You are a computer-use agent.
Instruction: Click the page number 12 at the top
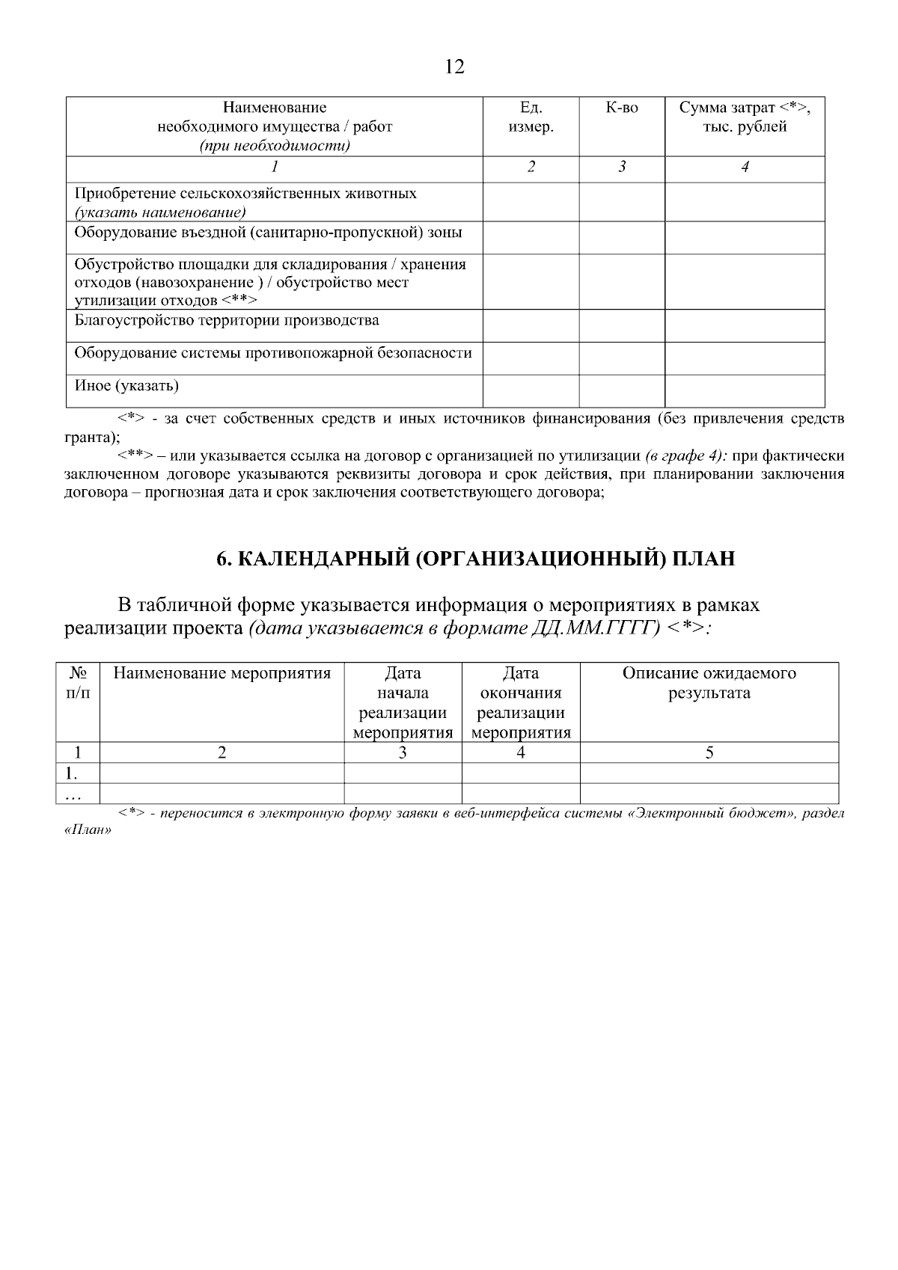454,67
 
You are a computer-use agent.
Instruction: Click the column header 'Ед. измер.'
531,117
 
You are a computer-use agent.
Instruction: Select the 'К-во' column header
622,108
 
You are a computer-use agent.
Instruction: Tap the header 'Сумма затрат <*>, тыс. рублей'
745,117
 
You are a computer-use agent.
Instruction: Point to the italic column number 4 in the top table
745,168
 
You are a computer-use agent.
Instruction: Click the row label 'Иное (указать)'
126,387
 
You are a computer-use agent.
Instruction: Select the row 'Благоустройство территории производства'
227,321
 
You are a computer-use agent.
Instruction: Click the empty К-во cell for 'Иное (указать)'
622,391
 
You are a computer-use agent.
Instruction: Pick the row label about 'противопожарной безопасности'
273,353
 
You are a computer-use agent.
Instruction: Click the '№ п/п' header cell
77,683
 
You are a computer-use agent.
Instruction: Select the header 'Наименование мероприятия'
222,673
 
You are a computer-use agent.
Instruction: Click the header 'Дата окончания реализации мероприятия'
521,703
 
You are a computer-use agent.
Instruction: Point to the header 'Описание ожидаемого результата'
709,683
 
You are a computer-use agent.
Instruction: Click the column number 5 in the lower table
709,753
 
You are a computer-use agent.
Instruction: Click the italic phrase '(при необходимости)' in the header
275,146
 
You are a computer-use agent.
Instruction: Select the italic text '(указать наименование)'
160,212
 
